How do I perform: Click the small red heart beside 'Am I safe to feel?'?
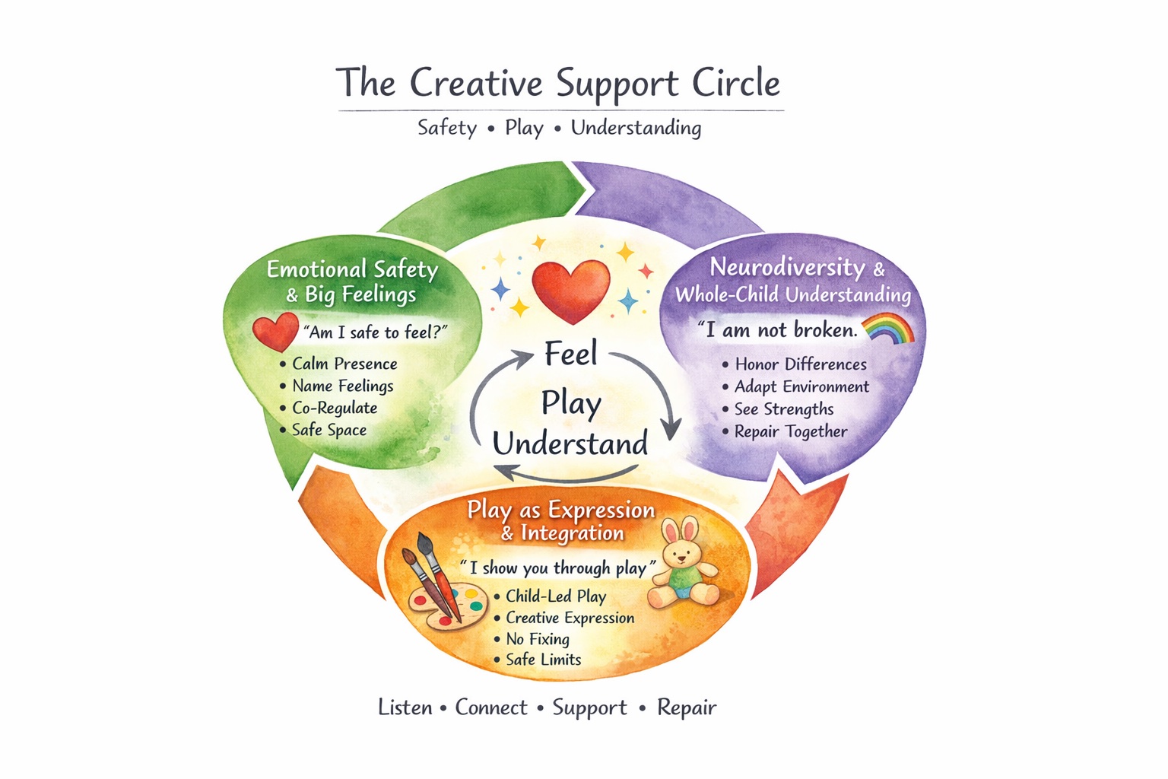(x=275, y=332)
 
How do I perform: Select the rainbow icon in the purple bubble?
(x=888, y=329)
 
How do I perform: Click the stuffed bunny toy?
(x=684, y=563)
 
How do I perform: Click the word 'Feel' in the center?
(x=571, y=355)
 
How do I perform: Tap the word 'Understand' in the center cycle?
(x=570, y=444)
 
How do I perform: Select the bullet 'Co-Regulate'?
(x=334, y=409)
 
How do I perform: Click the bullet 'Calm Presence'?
(x=344, y=364)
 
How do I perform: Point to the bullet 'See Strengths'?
(x=783, y=409)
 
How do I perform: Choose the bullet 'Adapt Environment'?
(x=801, y=387)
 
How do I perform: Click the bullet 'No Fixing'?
(x=537, y=640)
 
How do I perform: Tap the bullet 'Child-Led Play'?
(x=555, y=596)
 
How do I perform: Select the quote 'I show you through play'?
(x=557, y=568)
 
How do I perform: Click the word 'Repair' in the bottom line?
(x=687, y=708)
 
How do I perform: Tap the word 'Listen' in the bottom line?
(x=405, y=708)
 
